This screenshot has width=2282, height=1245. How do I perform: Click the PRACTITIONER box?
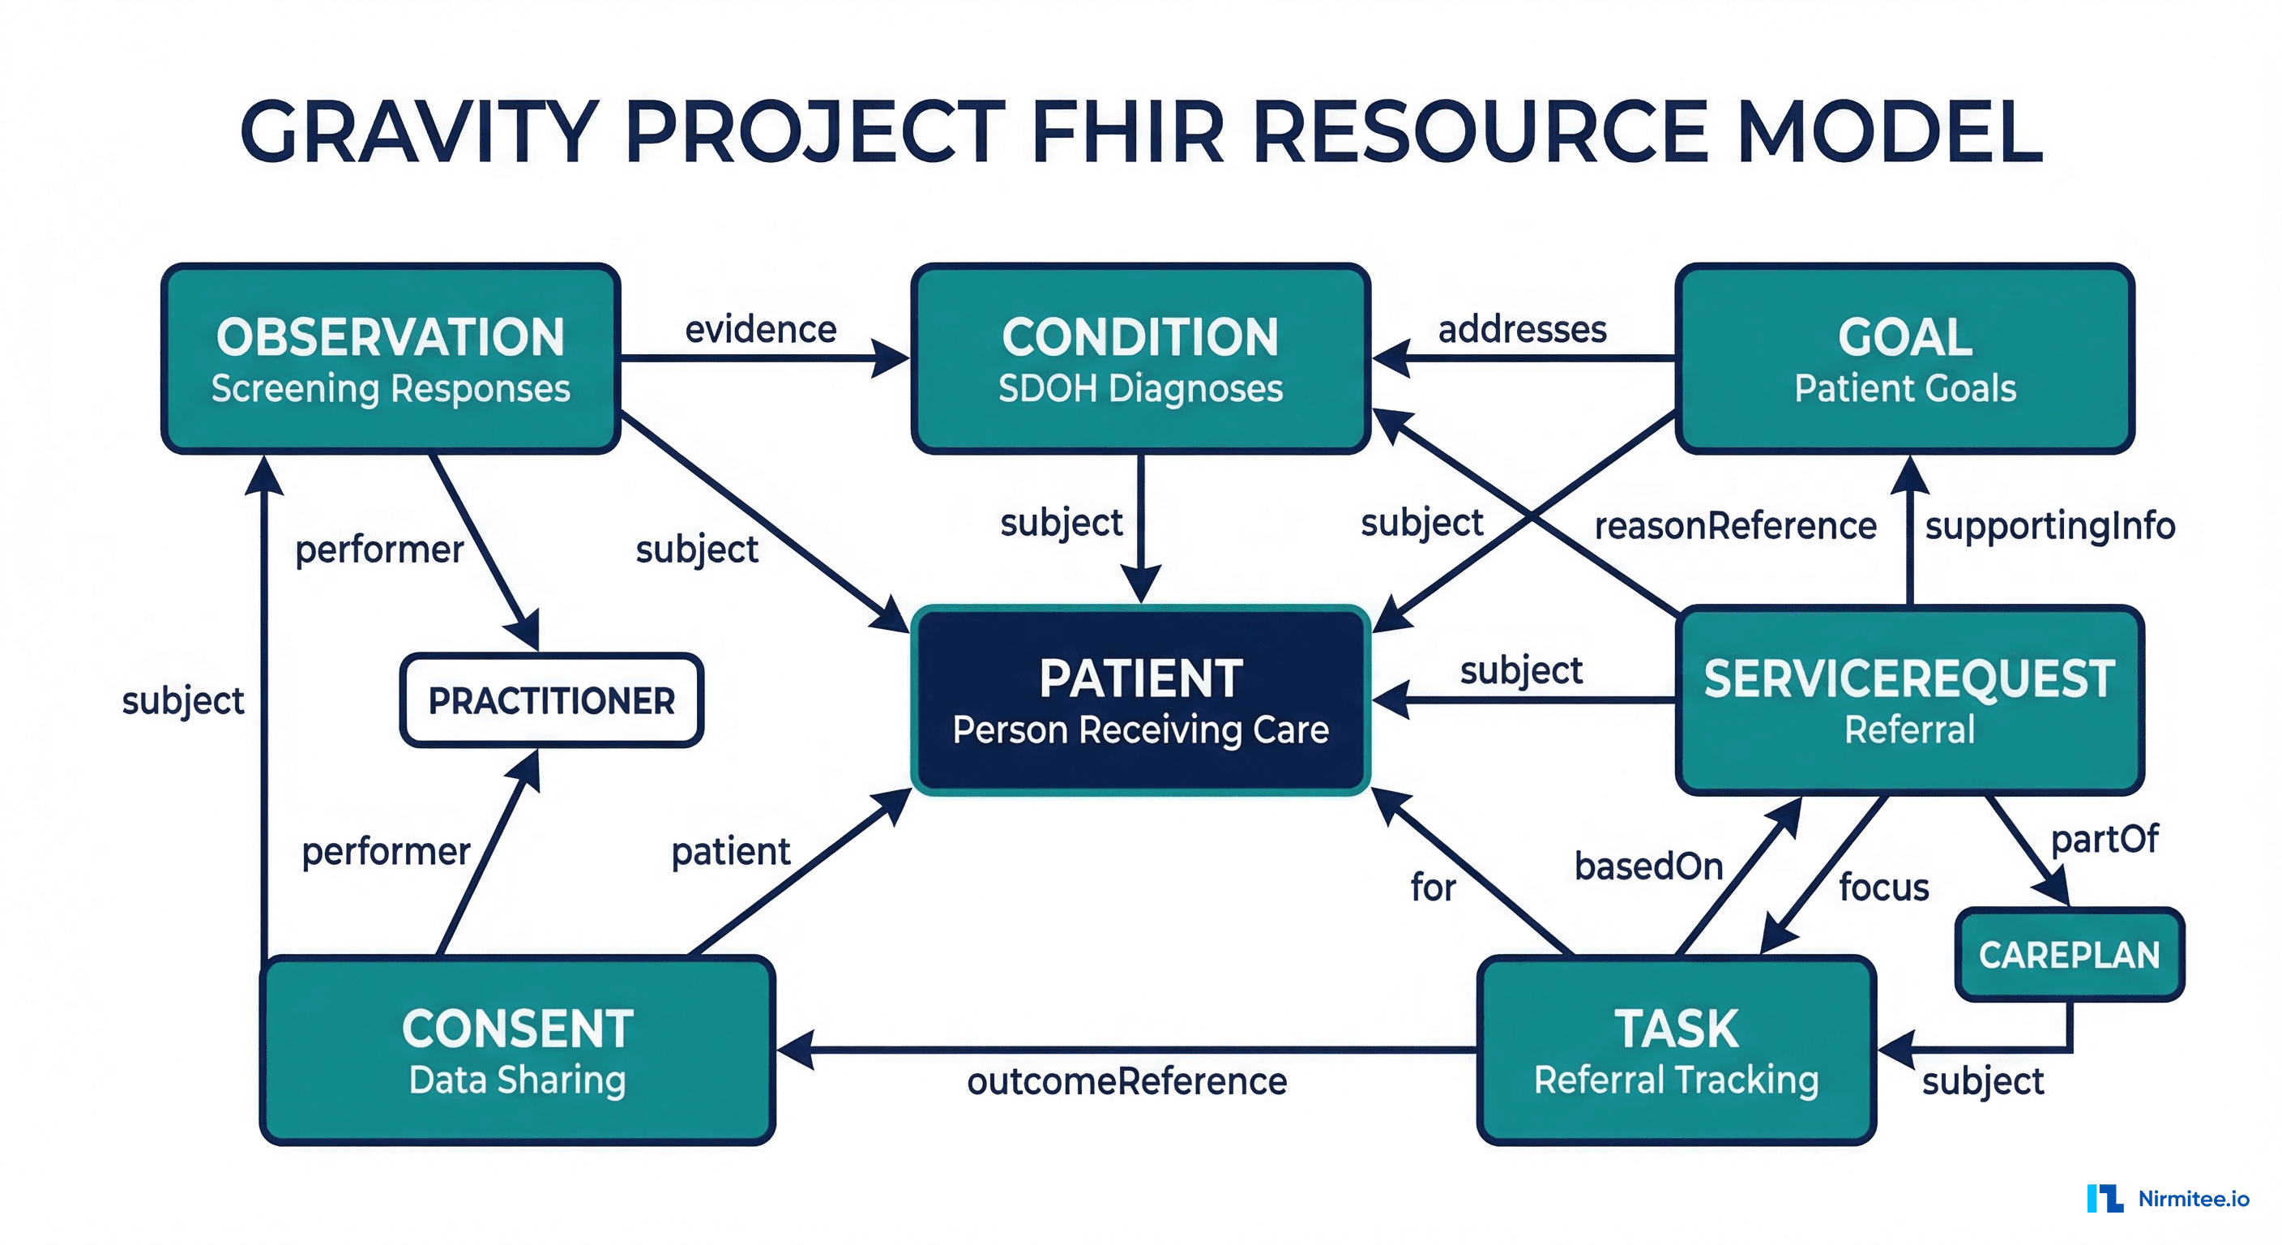[x=551, y=700]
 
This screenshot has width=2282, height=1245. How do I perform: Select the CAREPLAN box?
[x=2069, y=954]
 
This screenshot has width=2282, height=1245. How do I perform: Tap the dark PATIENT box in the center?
[x=1140, y=700]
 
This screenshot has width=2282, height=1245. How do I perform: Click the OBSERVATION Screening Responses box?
[x=390, y=359]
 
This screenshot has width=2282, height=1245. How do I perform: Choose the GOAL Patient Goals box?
[x=1904, y=359]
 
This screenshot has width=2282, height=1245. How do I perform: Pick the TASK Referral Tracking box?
[x=1676, y=1050]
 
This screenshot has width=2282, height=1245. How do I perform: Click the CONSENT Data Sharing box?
[x=517, y=1050]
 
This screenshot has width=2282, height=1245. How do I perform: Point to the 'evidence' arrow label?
[x=760, y=330]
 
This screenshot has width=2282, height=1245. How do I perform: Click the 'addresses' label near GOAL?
[x=1522, y=330]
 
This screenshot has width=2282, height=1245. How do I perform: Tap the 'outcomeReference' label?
[x=1127, y=1081]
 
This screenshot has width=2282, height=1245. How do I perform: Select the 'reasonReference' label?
[x=1734, y=525]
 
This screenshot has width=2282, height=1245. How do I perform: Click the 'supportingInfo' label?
[x=2050, y=525]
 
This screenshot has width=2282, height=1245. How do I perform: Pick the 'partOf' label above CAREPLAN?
[x=2105, y=838]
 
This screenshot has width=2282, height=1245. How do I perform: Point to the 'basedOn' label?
[x=1648, y=866]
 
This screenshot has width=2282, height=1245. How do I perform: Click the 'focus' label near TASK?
[x=1883, y=887]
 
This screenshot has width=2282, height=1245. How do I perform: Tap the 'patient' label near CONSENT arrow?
[x=731, y=852]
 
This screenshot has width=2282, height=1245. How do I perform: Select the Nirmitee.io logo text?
[x=2194, y=1199]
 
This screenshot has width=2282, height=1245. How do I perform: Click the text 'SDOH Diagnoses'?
[x=1140, y=388]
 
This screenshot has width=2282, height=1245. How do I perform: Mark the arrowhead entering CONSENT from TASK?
[x=793, y=1050]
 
